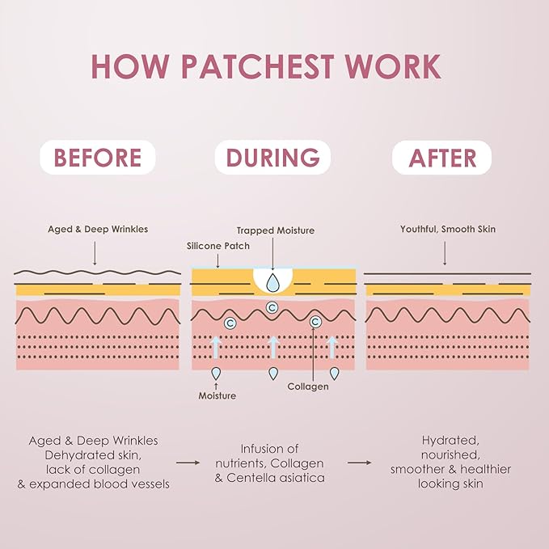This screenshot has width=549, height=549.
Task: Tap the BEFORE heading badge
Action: point(98,158)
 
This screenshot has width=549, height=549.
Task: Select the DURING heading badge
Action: point(272,158)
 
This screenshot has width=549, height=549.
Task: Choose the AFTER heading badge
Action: point(441,158)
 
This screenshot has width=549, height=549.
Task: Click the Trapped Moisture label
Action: point(275,230)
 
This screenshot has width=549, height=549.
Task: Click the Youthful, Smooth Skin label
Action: point(447,230)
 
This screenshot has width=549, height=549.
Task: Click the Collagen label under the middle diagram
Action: point(308,386)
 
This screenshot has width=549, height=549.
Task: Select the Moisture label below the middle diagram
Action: point(217,395)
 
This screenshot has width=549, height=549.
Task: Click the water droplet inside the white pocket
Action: point(272,282)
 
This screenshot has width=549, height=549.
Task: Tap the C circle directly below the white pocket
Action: point(272,306)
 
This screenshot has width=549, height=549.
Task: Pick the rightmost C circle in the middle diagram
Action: point(315,322)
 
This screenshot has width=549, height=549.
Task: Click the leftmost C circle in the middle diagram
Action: point(230,323)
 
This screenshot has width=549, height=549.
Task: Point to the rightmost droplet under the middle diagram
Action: point(335,373)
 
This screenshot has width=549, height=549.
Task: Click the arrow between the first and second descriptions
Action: point(188,462)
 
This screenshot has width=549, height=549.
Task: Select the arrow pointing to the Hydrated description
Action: point(360,462)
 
